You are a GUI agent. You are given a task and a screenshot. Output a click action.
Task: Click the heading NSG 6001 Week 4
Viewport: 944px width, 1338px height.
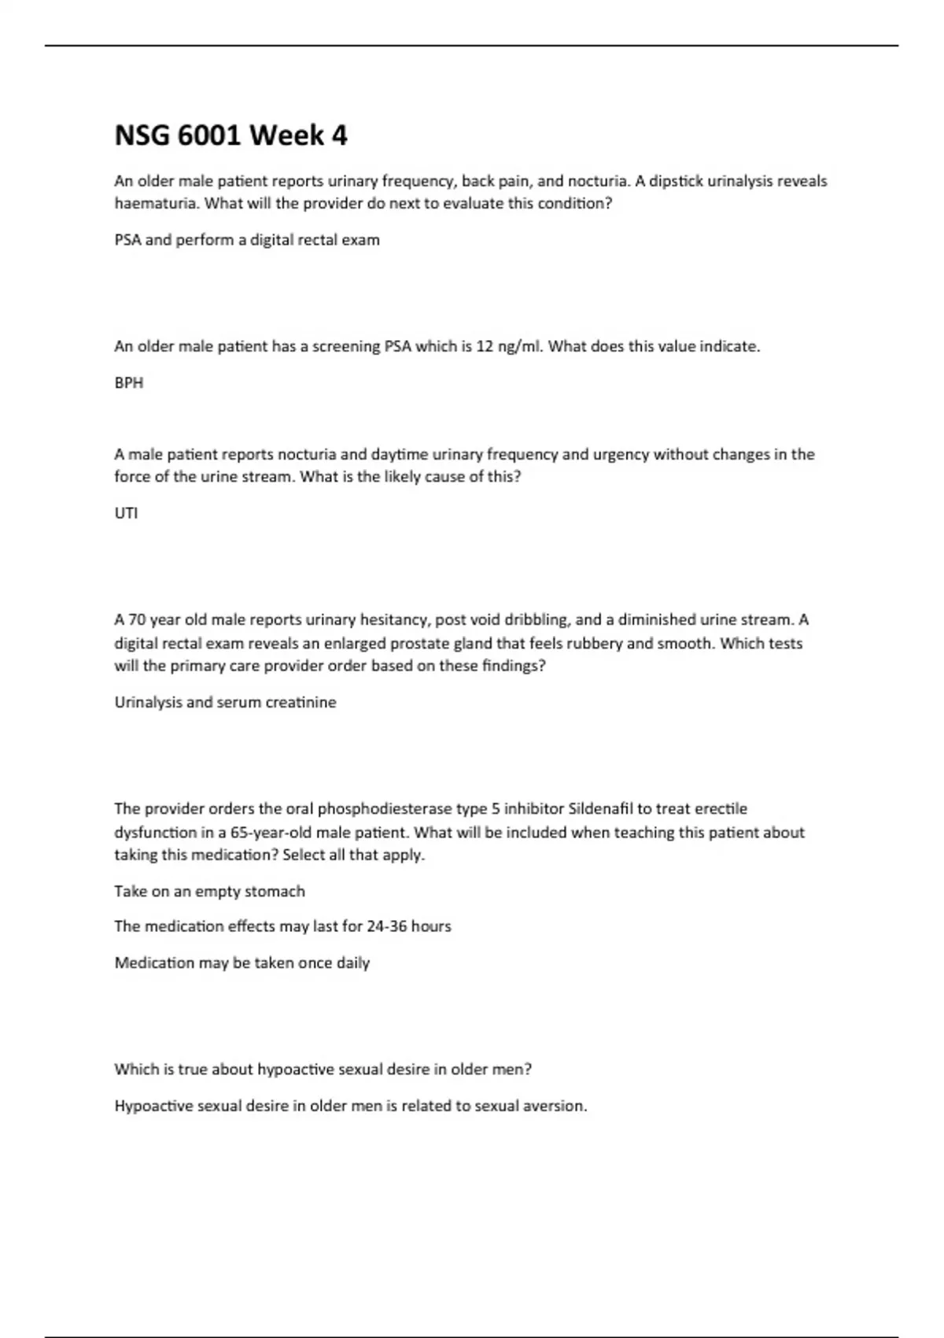230,136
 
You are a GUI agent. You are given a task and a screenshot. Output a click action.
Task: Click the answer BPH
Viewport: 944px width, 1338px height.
129,383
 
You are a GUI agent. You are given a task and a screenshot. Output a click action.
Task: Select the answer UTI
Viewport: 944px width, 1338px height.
126,513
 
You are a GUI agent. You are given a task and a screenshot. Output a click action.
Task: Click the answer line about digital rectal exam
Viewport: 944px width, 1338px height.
247,240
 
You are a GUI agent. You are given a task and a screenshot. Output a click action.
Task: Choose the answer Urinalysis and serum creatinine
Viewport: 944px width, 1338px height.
225,702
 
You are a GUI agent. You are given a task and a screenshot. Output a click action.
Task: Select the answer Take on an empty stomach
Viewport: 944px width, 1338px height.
209,891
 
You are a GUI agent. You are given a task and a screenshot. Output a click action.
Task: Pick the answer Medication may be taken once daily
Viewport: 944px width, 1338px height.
242,963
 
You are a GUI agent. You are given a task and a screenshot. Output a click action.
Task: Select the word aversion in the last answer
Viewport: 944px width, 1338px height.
558,1106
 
